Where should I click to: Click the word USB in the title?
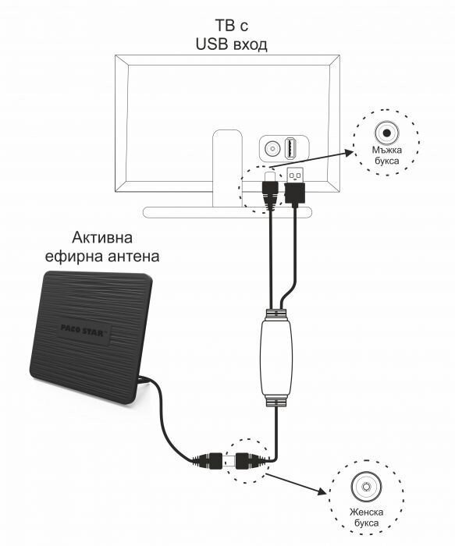click(x=212, y=44)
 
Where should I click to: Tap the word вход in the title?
click(x=251, y=45)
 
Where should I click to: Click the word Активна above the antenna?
click(x=102, y=238)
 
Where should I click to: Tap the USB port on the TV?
click(x=290, y=148)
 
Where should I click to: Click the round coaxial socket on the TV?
click(x=272, y=149)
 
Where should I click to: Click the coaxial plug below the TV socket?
click(x=270, y=189)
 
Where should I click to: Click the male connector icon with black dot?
click(x=387, y=133)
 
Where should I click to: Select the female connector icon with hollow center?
click(x=366, y=486)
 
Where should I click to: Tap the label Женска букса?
click(x=367, y=517)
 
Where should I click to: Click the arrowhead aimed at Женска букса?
click(x=322, y=491)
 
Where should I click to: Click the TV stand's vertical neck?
click(x=228, y=168)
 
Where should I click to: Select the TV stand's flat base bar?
click(x=227, y=212)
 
